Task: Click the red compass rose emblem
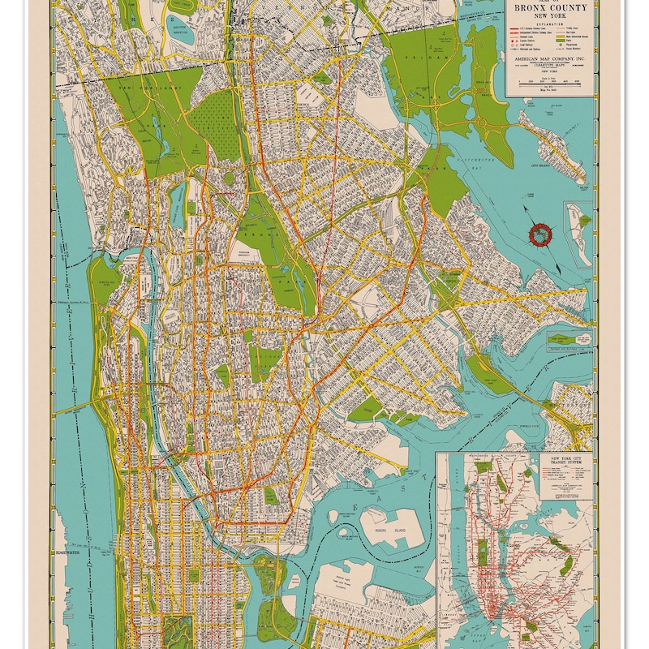537,235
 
